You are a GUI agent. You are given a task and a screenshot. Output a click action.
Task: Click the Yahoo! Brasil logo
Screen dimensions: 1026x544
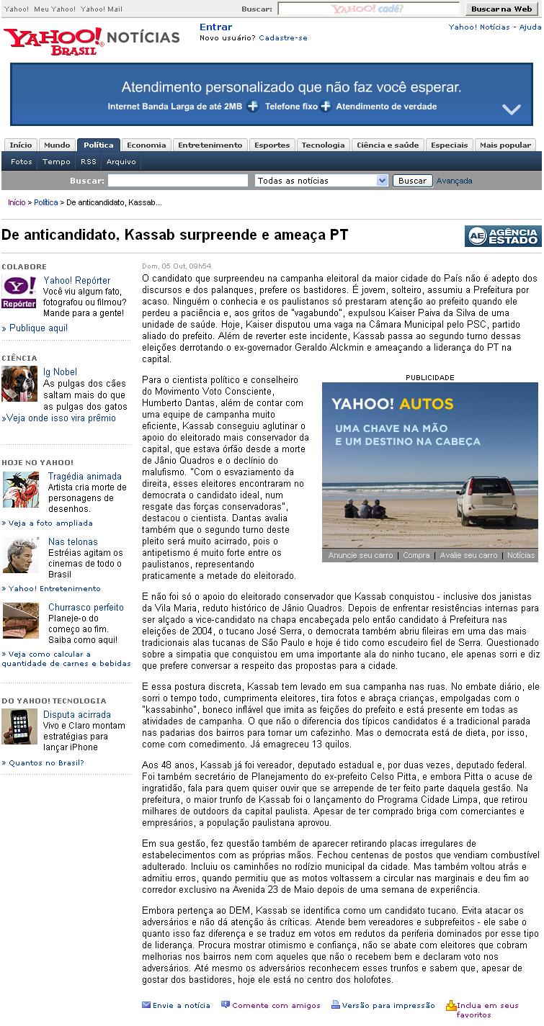tap(54, 41)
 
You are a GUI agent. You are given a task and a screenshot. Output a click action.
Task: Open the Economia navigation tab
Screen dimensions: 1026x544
tap(146, 145)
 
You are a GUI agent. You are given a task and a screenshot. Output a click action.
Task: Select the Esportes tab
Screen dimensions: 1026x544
tap(272, 145)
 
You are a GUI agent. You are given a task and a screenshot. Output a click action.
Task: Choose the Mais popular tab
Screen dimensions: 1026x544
tap(505, 145)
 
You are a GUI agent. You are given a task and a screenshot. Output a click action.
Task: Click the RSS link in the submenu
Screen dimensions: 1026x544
tap(88, 162)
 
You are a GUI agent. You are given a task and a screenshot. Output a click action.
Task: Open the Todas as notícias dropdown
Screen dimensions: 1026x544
tap(321, 181)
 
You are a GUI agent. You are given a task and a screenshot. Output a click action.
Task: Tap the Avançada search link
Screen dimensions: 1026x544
tap(454, 181)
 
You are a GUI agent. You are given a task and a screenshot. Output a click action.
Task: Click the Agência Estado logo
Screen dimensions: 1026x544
tap(502, 236)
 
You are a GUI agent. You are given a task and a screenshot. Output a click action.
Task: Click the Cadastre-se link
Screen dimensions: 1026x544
tap(282, 37)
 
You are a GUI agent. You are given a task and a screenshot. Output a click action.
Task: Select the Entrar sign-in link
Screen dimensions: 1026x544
tap(215, 27)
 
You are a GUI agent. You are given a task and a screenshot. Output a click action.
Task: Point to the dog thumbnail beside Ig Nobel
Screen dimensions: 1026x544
tap(19, 384)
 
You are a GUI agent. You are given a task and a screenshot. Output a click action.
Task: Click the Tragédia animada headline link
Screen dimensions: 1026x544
tap(84, 477)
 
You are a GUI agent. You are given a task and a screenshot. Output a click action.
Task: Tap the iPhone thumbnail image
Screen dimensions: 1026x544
tap(19, 726)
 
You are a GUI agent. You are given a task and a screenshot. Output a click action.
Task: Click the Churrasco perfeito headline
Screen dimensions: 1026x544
tap(86, 608)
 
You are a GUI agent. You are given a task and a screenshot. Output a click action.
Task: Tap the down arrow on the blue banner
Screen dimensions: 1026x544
tap(511, 109)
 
